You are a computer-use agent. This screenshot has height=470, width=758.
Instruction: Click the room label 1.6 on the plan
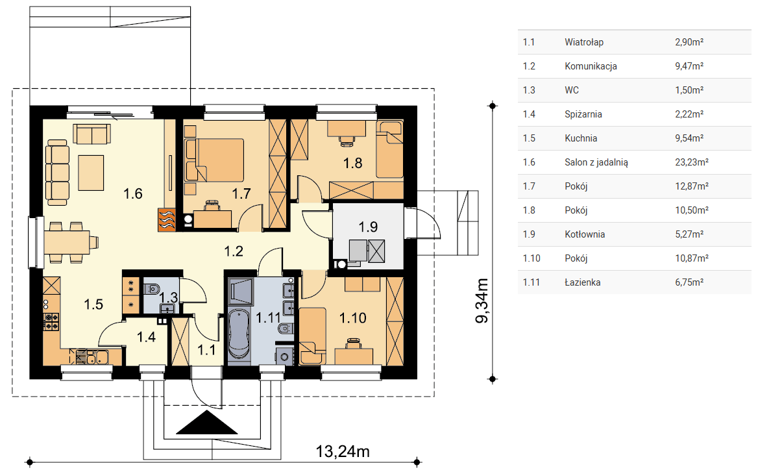[x=132, y=194]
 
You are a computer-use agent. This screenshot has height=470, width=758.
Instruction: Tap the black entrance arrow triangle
[x=207, y=422]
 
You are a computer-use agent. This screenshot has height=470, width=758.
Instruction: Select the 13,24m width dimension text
[x=343, y=452]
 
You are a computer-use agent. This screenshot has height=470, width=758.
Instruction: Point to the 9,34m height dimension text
[x=482, y=301]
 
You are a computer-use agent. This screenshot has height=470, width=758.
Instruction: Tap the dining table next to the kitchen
[x=67, y=242]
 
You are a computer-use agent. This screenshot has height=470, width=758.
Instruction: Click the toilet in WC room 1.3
[x=153, y=289]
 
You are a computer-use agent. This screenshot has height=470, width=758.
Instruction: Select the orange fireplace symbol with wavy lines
[x=166, y=220]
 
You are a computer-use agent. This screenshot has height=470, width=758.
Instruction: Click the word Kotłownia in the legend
[x=585, y=234]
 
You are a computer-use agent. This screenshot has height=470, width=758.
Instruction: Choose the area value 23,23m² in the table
[x=691, y=162]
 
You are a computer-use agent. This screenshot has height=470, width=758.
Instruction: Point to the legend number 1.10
[x=532, y=258]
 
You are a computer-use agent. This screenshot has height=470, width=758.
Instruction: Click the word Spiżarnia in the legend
[x=583, y=115]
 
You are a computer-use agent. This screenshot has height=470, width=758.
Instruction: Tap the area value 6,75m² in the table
[x=689, y=282]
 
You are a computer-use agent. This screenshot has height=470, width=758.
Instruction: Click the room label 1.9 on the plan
[x=368, y=227]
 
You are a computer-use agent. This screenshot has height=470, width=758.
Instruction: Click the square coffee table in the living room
[x=91, y=173]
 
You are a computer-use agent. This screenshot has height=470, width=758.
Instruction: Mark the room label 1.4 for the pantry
[x=146, y=337]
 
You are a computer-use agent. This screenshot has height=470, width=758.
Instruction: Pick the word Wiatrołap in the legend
[x=584, y=42]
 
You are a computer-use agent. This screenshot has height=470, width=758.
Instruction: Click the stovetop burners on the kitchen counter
[x=51, y=321]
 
